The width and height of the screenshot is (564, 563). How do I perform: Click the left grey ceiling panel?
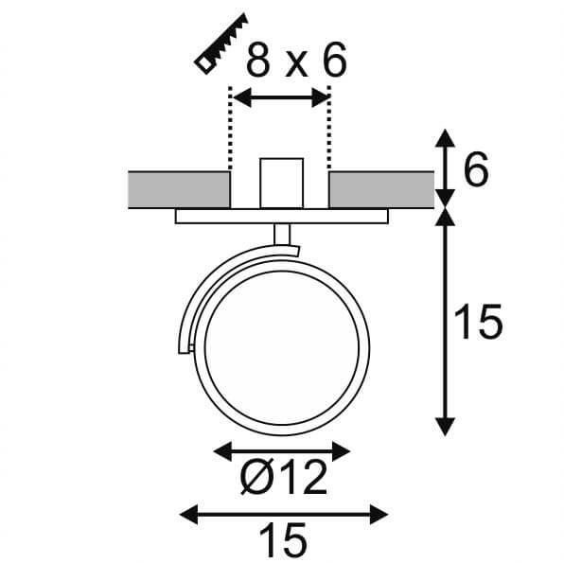coord(177,188)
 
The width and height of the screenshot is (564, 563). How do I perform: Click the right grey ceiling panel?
coord(380,188)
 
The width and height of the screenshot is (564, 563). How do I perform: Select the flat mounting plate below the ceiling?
coord(281,217)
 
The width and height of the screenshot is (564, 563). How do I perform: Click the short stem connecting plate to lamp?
coord(280,236)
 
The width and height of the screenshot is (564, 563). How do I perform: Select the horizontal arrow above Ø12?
coord(282,451)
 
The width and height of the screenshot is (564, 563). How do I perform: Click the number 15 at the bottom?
coord(282,540)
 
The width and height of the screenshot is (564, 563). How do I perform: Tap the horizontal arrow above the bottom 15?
coord(284,514)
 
